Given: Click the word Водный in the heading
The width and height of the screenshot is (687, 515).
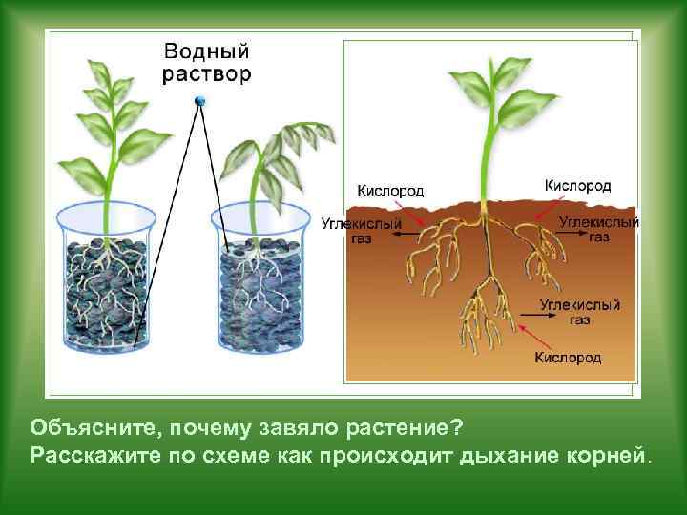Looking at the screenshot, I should click(x=207, y=51).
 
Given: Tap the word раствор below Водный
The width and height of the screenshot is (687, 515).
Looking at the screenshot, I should click(x=207, y=73).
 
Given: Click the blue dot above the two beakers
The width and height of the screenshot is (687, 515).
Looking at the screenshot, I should click(x=199, y=100).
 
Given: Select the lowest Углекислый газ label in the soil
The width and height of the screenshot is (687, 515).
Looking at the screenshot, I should click(x=579, y=312).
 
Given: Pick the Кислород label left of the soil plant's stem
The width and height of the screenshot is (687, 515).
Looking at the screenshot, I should click(x=390, y=190).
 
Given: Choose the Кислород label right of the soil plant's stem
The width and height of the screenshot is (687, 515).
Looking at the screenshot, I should click(x=577, y=185).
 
